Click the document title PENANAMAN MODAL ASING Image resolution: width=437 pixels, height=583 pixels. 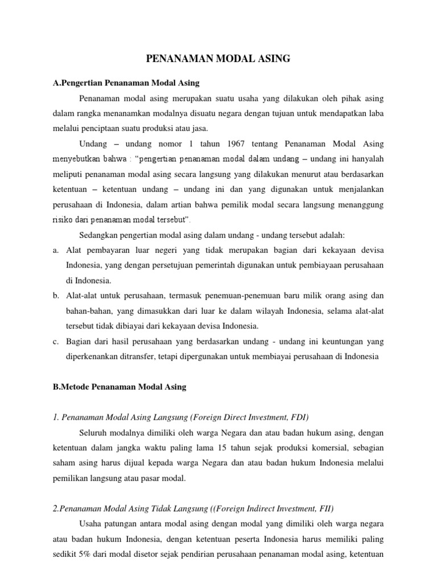(218, 58)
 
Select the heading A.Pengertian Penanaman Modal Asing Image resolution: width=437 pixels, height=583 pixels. (126, 83)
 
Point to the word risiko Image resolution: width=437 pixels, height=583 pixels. (64, 219)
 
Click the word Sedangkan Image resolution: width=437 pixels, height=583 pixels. (100, 235)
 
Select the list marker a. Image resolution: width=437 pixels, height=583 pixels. (56, 250)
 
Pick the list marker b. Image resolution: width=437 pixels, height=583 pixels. (56, 296)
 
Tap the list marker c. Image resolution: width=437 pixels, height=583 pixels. (56, 342)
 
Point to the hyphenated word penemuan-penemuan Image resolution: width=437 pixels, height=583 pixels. (243, 296)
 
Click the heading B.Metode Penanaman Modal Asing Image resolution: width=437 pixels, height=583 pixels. (119, 387)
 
